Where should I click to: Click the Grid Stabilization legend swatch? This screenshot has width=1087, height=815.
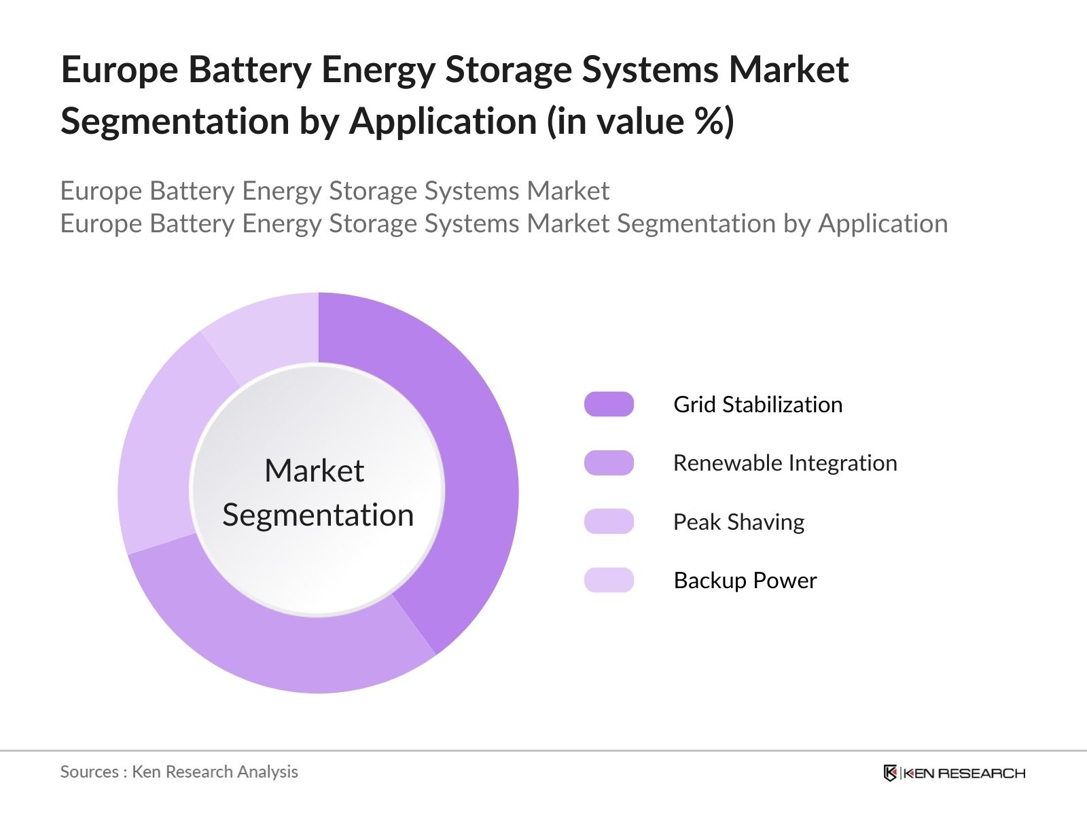609,404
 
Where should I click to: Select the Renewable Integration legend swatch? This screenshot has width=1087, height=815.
609,463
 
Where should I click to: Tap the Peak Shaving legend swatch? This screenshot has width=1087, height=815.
609,522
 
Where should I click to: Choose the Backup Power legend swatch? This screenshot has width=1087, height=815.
609,580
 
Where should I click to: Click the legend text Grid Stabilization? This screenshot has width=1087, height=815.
758,405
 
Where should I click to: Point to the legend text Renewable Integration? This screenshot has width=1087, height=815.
785,463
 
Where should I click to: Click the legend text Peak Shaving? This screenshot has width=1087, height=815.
738,522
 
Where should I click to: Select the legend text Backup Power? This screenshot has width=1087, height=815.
745,581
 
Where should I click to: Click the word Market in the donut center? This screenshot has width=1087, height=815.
314,471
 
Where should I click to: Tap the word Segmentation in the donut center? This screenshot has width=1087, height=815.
318,515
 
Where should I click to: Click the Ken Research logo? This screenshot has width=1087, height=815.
954,773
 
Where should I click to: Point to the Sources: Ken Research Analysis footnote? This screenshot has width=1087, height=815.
179,772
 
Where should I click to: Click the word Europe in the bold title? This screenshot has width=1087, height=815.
119,70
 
